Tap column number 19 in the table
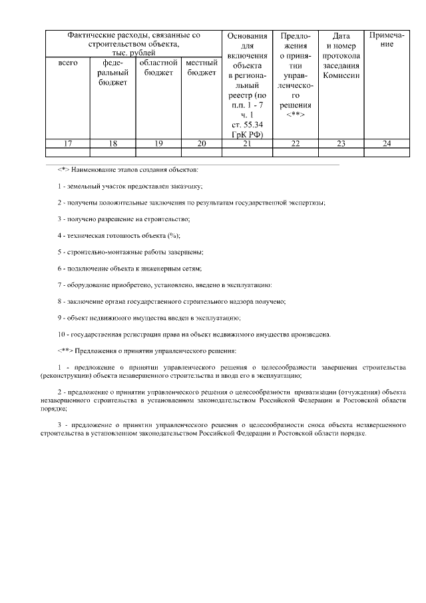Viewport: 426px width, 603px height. coord(158,143)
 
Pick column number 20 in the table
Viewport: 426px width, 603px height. coord(202,143)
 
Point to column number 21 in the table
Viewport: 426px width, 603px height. coord(247,143)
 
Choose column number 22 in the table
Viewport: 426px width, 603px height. coord(296,143)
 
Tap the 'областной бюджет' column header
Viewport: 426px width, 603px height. coord(158,67)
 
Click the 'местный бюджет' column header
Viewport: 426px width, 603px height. coord(202,67)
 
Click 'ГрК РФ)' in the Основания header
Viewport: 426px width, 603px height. coord(247,134)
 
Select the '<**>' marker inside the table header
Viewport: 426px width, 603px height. coord(296,115)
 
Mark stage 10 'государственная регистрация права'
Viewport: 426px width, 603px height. coord(194,334)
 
